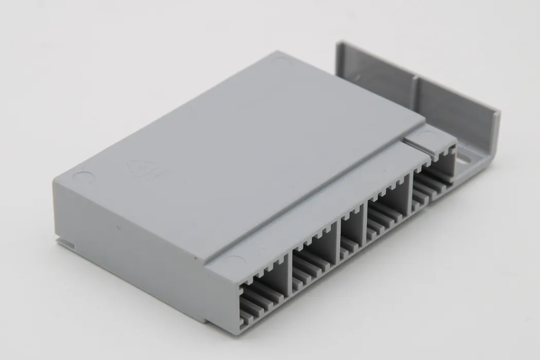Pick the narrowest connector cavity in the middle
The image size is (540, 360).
point(351,236)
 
